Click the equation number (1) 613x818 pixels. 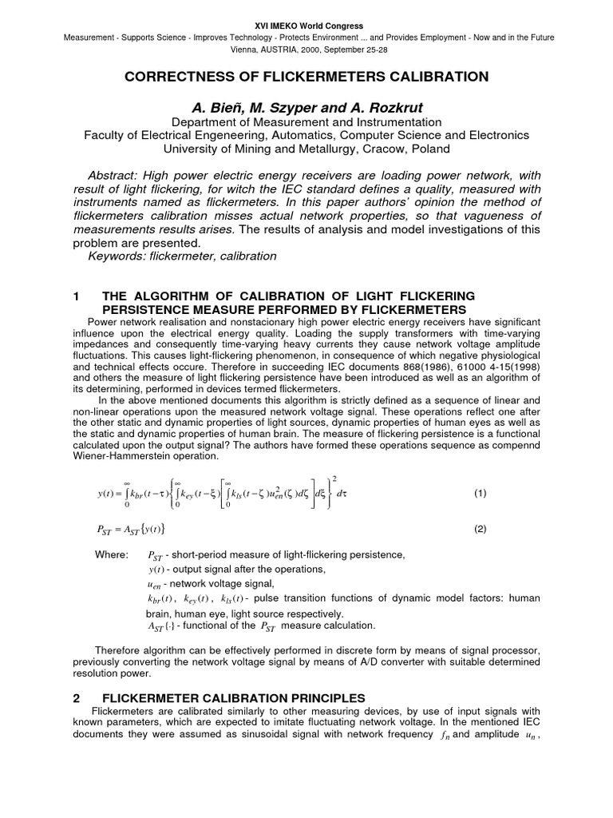pyautogui.click(x=480, y=493)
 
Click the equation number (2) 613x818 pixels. pyautogui.click(x=480, y=528)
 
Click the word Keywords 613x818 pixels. pyautogui.click(x=117, y=256)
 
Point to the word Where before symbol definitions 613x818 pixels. pyautogui.click(x=109, y=554)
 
